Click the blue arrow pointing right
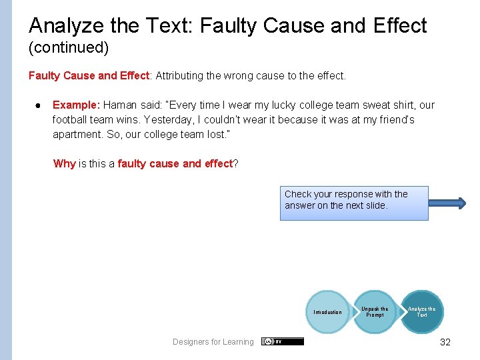(x=449, y=205)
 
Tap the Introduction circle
(x=327, y=312)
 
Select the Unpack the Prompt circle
(x=375, y=312)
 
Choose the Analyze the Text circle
(x=421, y=311)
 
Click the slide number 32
(x=445, y=342)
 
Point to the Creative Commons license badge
(x=282, y=341)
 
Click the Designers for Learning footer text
(x=213, y=342)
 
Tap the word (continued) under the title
(x=69, y=48)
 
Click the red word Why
(x=65, y=163)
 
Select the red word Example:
(x=76, y=105)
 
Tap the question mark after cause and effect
(x=235, y=163)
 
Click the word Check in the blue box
(x=298, y=194)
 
